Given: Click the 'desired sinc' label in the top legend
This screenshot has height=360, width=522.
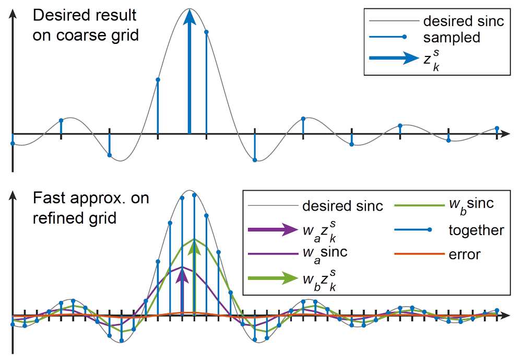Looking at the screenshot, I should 464,21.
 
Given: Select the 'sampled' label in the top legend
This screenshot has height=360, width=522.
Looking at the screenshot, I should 452,38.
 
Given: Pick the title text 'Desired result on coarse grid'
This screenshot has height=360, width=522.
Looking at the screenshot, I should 85,26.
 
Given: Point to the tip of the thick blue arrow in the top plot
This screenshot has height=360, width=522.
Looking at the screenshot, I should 190,12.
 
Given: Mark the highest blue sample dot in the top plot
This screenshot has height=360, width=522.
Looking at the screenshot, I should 207,32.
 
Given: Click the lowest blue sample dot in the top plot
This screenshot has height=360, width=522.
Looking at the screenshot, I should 255,160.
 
